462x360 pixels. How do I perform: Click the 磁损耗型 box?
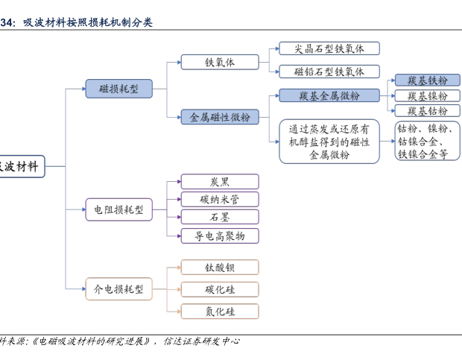(118, 89)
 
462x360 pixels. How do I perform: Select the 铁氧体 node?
(220, 63)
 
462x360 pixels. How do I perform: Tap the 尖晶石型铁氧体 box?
(329, 48)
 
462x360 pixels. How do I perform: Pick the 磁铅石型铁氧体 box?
(329, 72)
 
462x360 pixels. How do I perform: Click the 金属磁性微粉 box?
(220, 117)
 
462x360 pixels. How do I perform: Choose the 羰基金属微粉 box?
(329, 95)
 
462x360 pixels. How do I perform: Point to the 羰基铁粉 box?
(422, 80)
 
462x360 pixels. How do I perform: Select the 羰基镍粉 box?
(422, 96)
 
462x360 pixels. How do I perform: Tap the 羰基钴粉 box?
(422, 111)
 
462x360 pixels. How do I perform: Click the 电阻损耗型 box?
(118, 210)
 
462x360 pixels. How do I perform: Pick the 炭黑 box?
(220, 181)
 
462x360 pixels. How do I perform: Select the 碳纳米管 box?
(220, 199)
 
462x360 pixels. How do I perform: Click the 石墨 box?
(220, 217)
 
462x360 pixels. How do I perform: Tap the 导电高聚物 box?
(220, 236)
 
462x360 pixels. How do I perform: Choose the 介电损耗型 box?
(118, 288)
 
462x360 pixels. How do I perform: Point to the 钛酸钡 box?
(220, 267)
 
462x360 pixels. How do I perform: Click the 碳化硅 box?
(220, 289)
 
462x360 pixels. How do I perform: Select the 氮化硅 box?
(220, 312)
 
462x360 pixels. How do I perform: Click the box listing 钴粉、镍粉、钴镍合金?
(423, 142)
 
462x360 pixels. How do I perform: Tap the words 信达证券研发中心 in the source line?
(202, 341)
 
